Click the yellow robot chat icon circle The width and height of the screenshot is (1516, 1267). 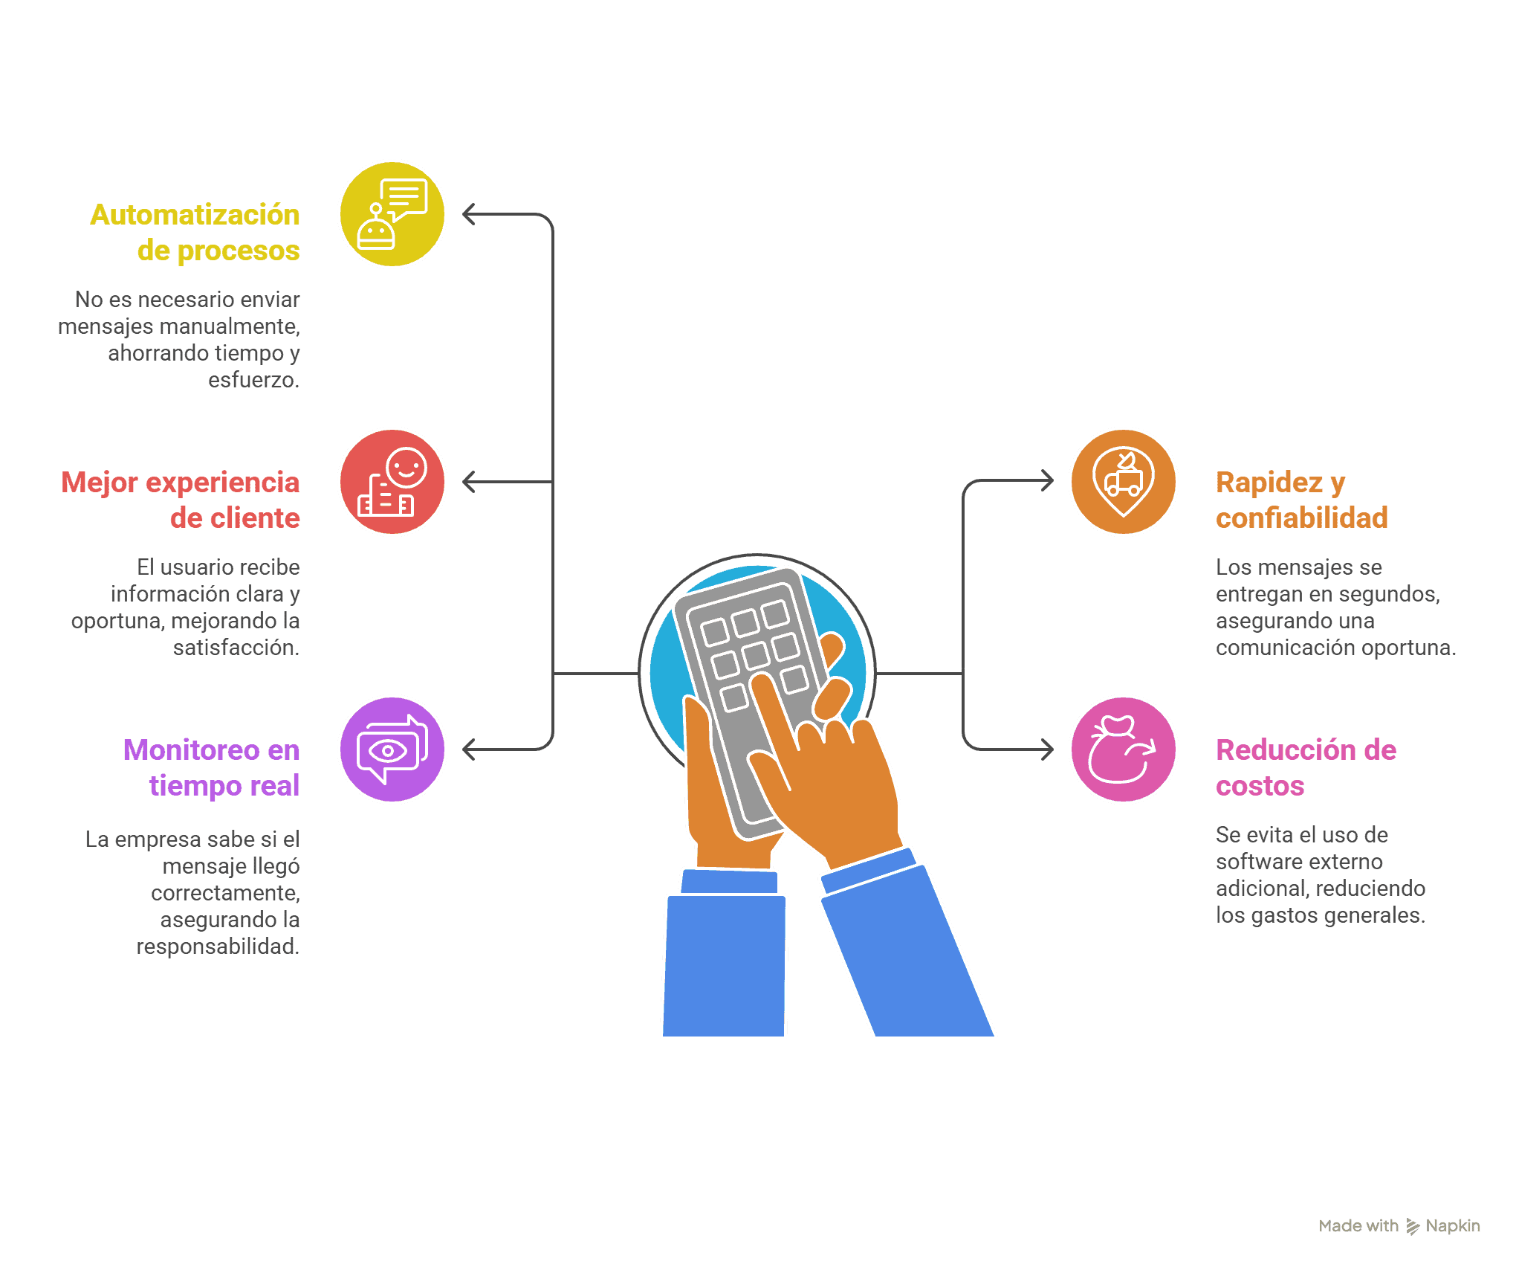point(392,214)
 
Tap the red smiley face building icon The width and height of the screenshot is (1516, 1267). point(392,482)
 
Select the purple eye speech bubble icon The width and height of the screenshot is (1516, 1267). point(392,749)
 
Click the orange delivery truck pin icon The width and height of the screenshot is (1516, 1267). point(1124,482)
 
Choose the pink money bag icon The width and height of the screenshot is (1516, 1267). point(1124,749)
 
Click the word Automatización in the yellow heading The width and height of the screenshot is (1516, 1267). point(195,215)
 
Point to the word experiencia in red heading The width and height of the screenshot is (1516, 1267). point(221,483)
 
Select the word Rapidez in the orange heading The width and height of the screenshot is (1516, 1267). point(1269,483)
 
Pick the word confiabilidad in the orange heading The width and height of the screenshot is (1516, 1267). point(1302,518)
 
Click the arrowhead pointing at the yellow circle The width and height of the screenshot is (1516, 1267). point(469,214)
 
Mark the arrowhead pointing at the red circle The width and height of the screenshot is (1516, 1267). point(469,482)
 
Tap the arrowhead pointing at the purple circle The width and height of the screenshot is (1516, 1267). point(469,749)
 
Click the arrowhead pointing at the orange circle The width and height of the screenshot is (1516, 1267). point(1047,480)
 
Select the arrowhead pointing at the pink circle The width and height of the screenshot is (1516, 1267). point(1047,749)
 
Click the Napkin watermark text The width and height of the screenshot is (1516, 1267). point(1453,1226)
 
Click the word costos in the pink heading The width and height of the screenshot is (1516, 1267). point(1260,786)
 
